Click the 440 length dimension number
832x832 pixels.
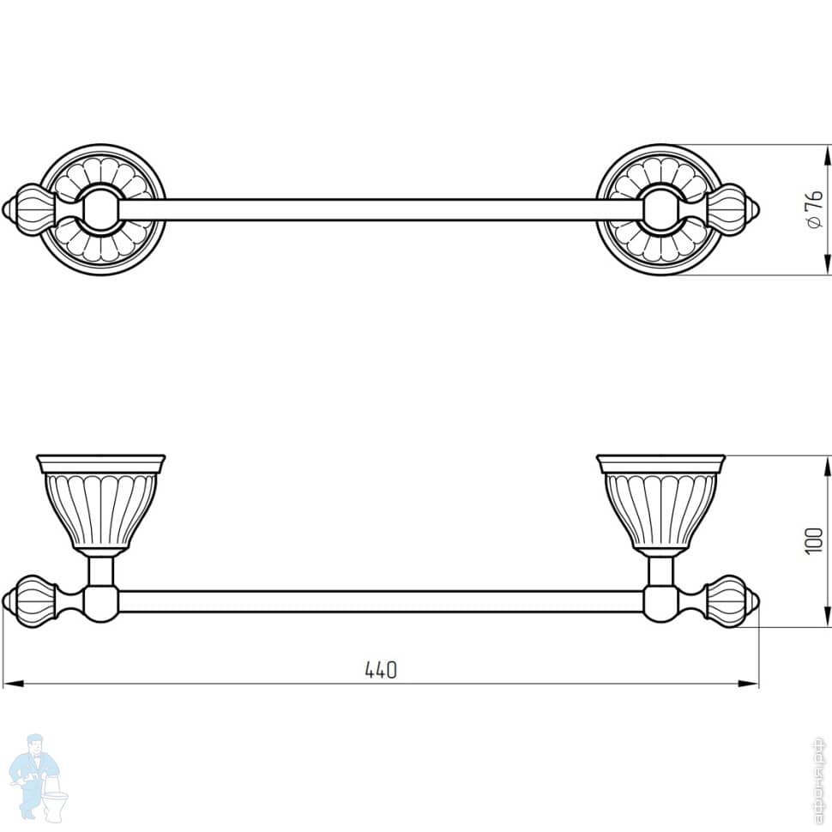pyautogui.click(x=381, y=671)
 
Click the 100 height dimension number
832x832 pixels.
pyautogui.click(x=814, y=540)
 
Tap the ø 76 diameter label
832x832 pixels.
pyautogui.click(x=814, y=209)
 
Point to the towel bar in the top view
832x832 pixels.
pyautogui.click(x=360, y=209)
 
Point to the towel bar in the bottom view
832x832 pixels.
pyautogui.click(x=377, y=600)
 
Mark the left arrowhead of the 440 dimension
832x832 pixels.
pyautogui.click(x=10, y=684)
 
